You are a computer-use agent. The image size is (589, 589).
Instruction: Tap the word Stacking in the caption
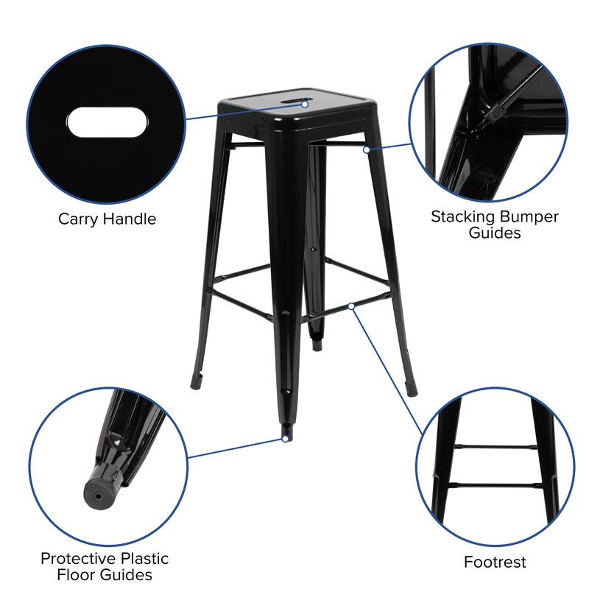coord(462,216)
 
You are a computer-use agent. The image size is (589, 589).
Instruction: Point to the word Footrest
coord(495,562)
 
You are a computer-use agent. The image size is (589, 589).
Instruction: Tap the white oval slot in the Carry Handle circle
coord(106,122)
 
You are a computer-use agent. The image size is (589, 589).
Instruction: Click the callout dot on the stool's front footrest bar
coord(353,305)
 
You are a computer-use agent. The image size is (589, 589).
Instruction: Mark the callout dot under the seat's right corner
coord(366,149)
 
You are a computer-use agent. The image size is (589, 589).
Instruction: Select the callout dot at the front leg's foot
coord(284,439)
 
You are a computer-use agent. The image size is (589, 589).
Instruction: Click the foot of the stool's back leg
coord(317,342)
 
